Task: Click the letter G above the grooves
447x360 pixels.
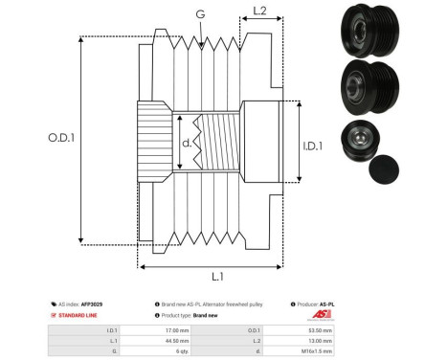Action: pyautogui.click(x=199, y=15)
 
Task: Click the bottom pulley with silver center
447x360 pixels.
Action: pyautogui.click(x=355, y=142)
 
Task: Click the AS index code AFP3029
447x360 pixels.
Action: pyautogui.click(x=91, y=304)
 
